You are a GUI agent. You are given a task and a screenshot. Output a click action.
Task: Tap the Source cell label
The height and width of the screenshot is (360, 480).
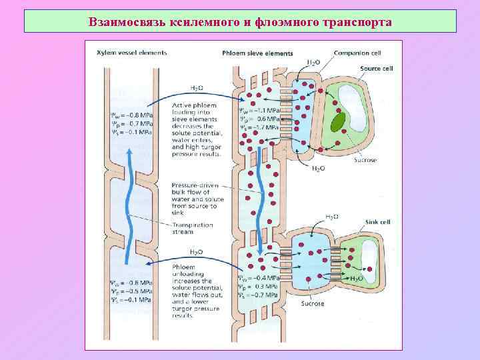(x=376, y=69)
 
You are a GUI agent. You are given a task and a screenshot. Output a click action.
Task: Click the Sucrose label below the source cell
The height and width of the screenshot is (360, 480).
(x=366, y=160)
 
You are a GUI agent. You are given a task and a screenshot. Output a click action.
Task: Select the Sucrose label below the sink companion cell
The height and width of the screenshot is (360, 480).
(x=312, y=303)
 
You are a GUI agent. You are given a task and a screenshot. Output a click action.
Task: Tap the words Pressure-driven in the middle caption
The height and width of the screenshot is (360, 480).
(x=193, y=185)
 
